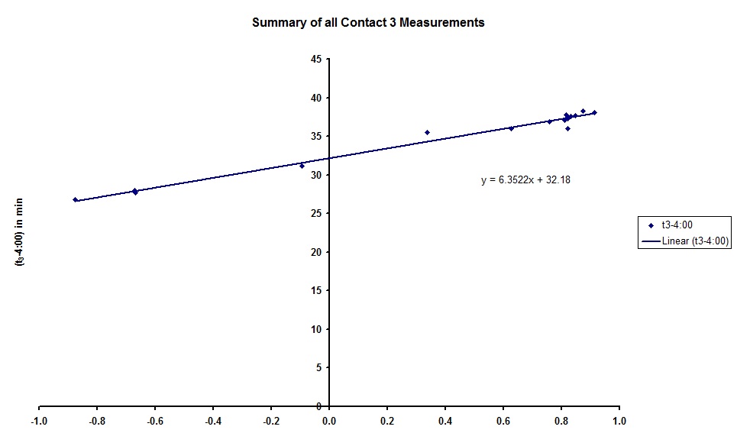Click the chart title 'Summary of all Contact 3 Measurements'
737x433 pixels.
point(368,22)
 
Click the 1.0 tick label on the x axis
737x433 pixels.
point(619,421)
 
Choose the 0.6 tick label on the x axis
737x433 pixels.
point(503,421)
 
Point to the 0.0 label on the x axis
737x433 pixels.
point(328,421)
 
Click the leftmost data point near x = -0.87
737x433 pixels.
point(75,200)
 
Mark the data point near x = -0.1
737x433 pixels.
point(302,166)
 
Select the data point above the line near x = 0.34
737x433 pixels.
point(427,132)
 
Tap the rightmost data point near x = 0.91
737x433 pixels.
point(594,112)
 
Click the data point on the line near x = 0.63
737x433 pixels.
point(511,128)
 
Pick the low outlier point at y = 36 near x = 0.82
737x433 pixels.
point(567,128)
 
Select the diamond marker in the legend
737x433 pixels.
point(651,225)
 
